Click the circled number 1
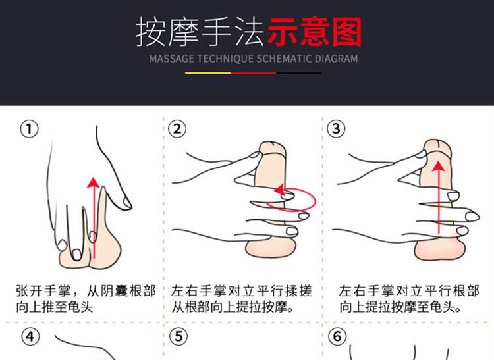(x=29, y=129)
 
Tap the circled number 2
(x=177, y=129)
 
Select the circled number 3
(x=336, y=129)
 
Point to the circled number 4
(x=30, y=337)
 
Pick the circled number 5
(x=178, y=336)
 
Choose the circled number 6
(x=337, y=336)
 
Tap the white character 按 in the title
(x=151, y=32)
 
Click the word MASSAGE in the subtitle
(x=172, y=59)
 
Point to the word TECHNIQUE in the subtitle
(x=225, y=59)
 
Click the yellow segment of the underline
(x=208, y=73)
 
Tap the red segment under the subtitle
(x=254, y=73)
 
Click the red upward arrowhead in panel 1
(x=94, y=183)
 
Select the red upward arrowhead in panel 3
(x=438, y=166)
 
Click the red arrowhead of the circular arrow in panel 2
(x=280, y=190)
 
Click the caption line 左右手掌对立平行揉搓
(x=242, y=291)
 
